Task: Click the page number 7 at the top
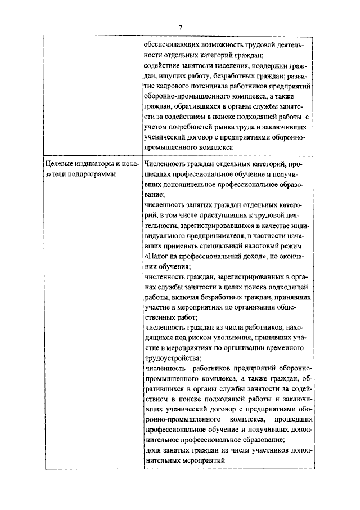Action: [x=181, y=27]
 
